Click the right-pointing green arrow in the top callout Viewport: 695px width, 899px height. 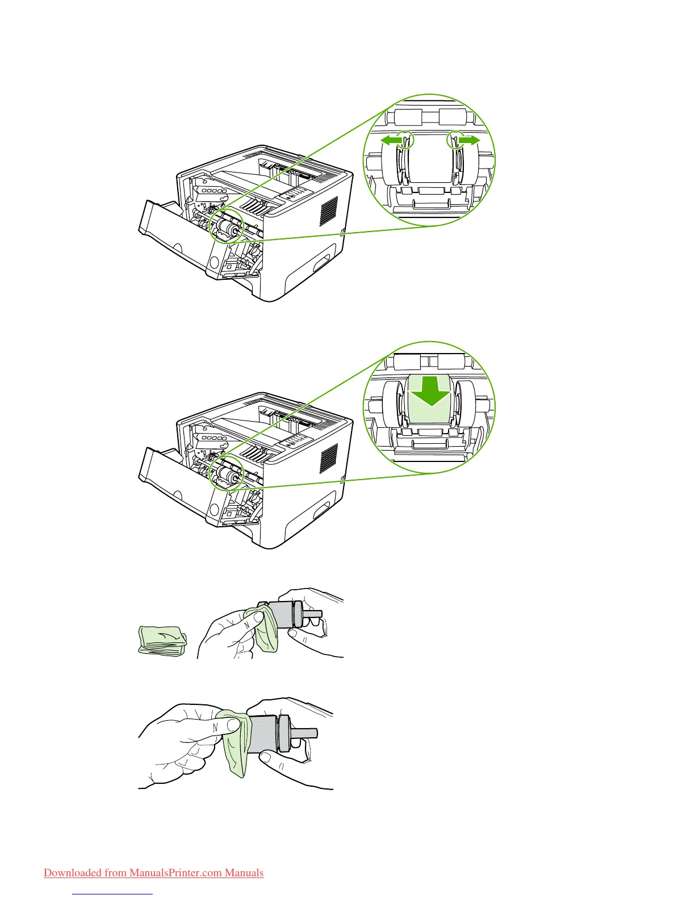[470, 140]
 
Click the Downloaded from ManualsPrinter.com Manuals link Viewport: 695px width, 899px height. [153, 872]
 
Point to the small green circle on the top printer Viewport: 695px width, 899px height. [227, 228]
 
